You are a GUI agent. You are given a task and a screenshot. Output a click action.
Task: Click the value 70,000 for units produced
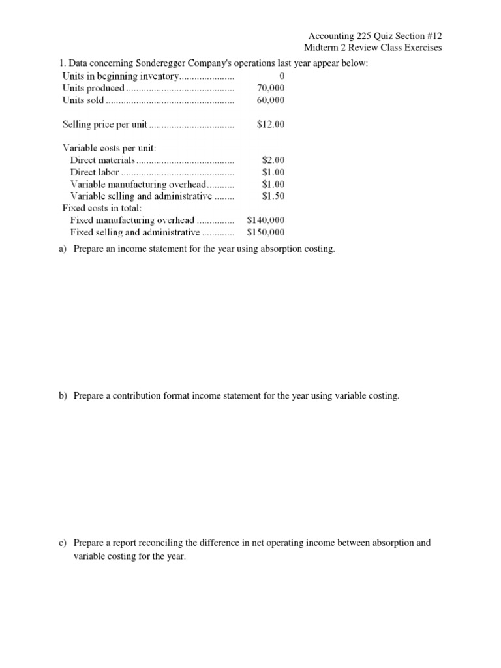(271, 88)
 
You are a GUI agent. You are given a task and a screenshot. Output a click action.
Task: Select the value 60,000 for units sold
(271, 100)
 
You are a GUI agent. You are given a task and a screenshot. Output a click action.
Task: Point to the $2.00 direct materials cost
(273, 159)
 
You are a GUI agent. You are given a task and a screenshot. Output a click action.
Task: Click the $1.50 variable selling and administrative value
(273, 195)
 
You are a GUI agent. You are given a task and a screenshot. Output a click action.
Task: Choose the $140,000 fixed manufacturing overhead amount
(266, 220)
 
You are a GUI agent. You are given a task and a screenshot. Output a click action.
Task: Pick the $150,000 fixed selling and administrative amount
(266, 232)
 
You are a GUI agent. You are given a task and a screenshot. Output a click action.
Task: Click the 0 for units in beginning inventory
(282, 76)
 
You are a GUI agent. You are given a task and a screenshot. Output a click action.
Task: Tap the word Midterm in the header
(322, 48)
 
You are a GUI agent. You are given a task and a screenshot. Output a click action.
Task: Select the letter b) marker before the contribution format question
(63, 396)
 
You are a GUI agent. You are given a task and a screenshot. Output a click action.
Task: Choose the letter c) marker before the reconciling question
(63, 543)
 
